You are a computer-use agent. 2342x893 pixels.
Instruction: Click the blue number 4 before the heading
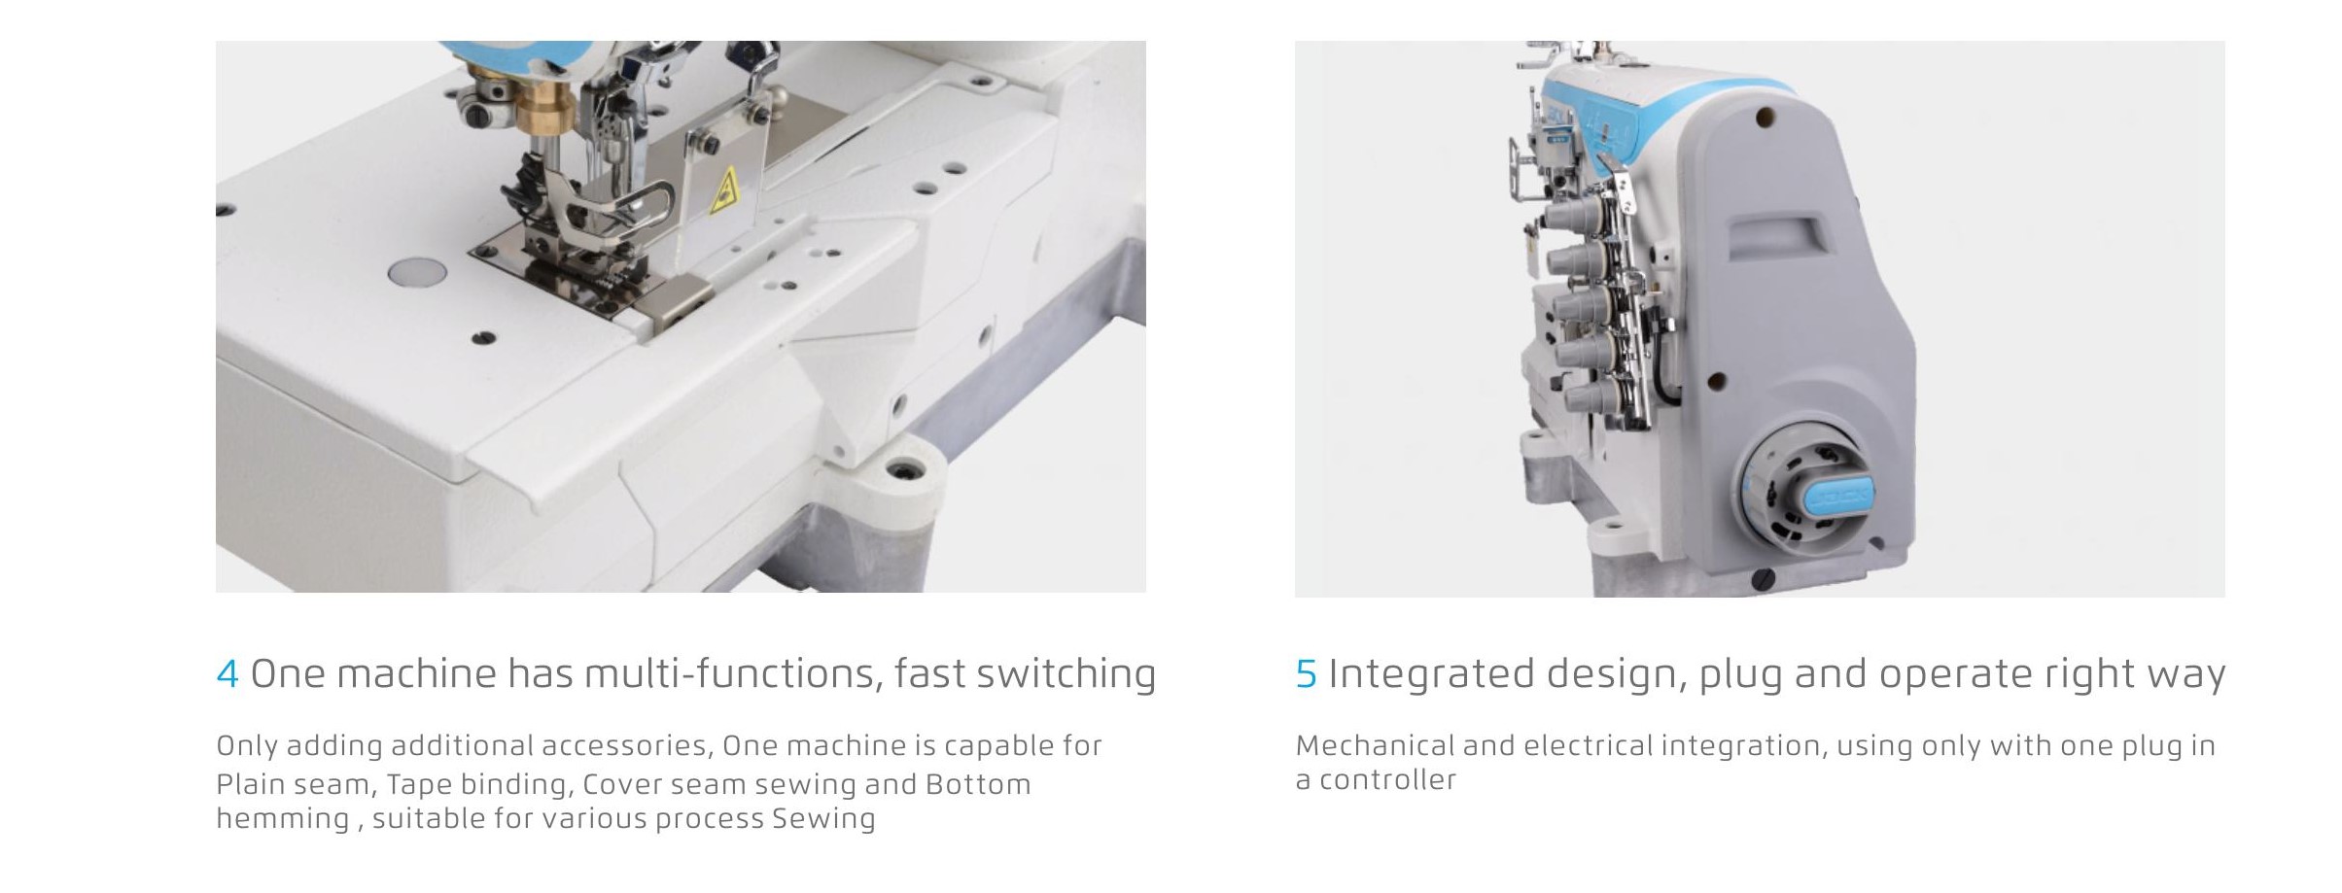[227, 673]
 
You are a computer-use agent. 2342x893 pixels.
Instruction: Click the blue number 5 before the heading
[1307, 673]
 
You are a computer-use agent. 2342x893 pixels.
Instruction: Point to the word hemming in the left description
[282, 819]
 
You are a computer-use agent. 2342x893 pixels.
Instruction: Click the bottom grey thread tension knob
[1583, 396]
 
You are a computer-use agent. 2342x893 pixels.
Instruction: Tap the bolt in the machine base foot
[907, 472]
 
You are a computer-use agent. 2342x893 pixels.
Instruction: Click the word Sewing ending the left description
[823, 819]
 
